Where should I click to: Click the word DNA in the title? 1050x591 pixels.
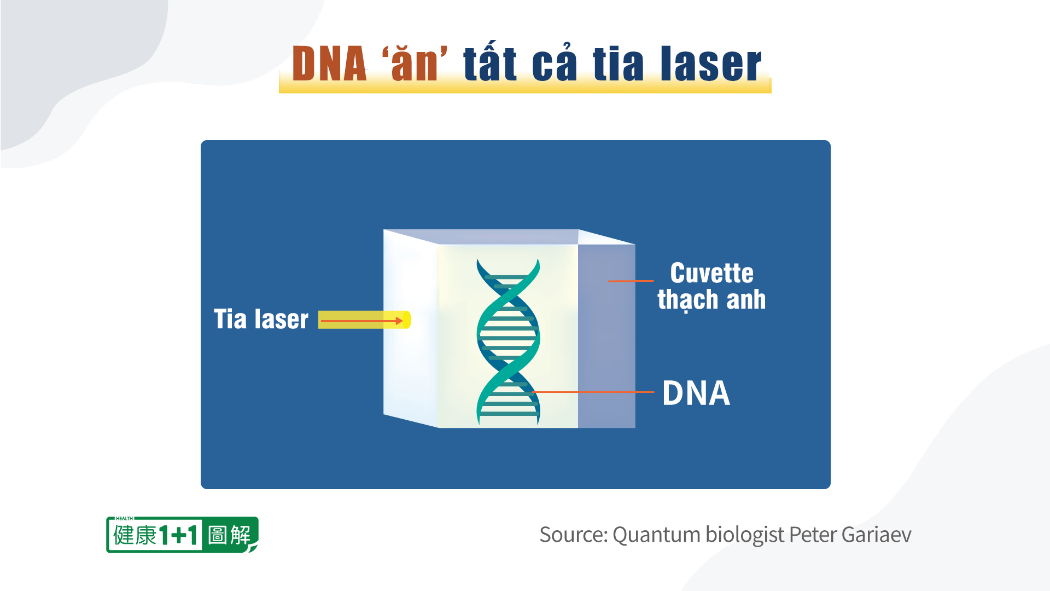click(329, 64)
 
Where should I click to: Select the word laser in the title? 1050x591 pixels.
click(711, 63)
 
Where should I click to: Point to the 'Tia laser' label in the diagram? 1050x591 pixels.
click(261, 319)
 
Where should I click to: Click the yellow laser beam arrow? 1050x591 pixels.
click(364, 320)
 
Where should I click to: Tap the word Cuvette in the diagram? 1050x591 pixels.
click(711, 273)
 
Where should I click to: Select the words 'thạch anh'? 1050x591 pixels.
click(711, 299)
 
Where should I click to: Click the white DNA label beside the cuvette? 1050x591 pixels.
click(696, 393)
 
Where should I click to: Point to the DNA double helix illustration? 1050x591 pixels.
click(508, 342)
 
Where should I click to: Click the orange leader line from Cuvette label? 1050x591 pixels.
click(631, 281)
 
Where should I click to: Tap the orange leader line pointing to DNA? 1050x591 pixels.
click(593, 392)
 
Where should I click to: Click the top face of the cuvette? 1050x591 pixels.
click(509, 236)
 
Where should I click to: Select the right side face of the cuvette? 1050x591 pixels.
click(606, 336)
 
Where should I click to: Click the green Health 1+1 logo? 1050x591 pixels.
click(182, 535)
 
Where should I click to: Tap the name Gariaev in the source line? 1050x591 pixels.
click(876, 535)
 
